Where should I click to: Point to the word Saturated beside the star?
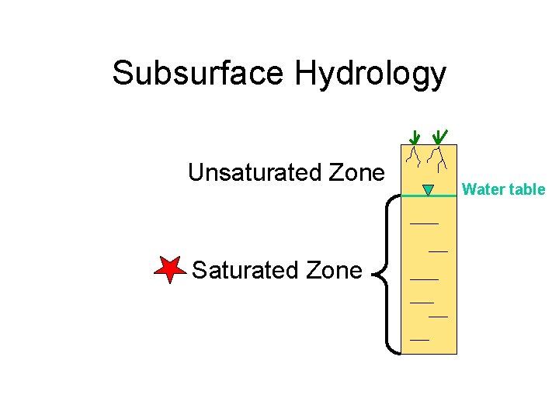241,270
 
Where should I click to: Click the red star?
168,268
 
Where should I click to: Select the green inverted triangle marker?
428,189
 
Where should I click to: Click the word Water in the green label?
481,189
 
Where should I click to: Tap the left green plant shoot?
415,137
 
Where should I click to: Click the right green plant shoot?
439,137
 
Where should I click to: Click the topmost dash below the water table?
424,223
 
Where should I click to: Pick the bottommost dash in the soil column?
419,340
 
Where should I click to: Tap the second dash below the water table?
438,251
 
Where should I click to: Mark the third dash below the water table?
424,278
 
